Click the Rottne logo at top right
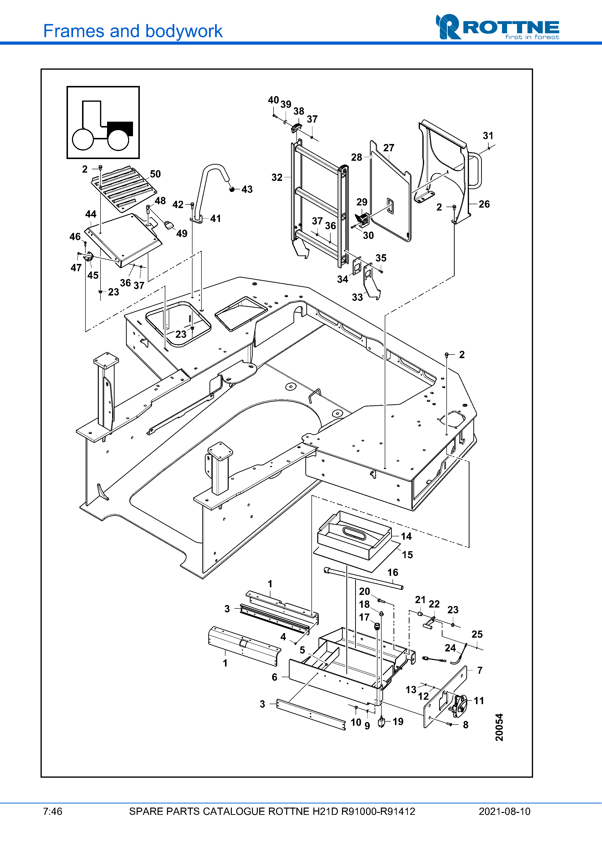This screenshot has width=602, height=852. (497, 27)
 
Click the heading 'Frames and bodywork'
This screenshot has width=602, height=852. (133, 31)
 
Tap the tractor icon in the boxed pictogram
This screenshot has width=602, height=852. (103, 126)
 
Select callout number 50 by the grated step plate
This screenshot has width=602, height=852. (155, 174)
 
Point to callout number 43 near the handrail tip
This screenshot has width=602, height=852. (247, 189)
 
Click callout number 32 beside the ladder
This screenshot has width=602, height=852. (277, 177)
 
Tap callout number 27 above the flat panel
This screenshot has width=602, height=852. (389, 148)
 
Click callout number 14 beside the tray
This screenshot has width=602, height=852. (407, 536)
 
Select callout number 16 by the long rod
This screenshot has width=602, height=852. (393, 572)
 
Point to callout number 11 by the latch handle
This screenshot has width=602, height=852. (479, 700)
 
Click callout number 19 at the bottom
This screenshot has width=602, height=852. (398, 721)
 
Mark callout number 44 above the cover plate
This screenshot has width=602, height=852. (91, 214)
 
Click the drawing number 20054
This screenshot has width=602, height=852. (499, 727)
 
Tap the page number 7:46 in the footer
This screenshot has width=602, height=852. (53, 811)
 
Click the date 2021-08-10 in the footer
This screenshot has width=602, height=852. (504, 811)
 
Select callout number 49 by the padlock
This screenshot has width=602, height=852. (182, 233)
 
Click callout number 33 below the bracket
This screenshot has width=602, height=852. (357, 297)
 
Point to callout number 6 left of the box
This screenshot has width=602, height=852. (275, 677)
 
